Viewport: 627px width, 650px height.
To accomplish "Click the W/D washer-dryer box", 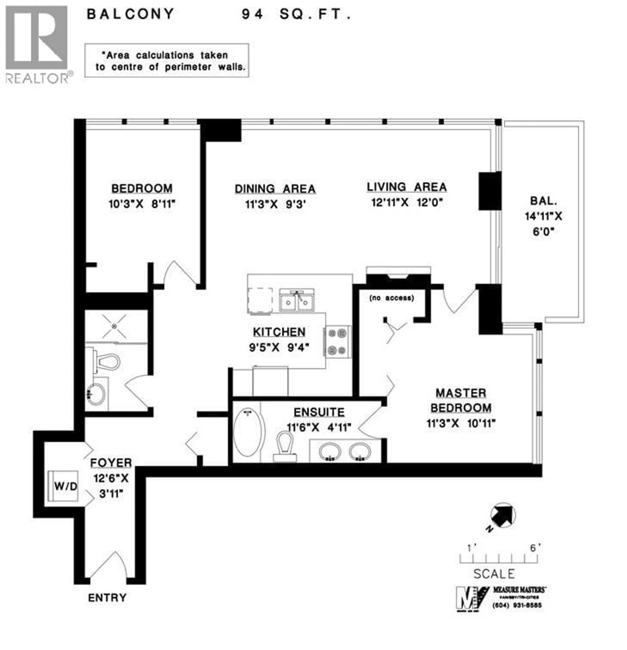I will point(63,486).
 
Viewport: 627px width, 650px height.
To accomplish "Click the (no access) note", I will point(391,298).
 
